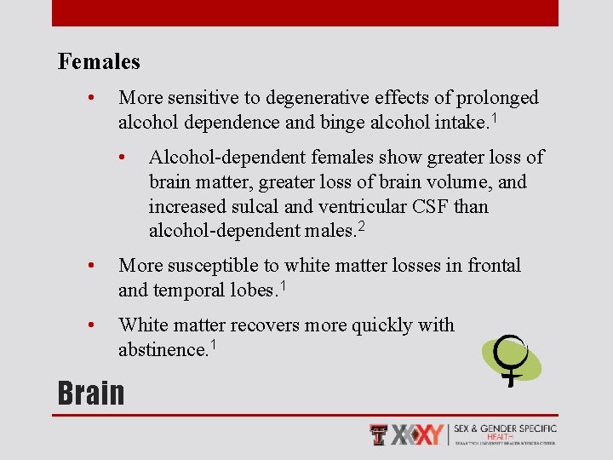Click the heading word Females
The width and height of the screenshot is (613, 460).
pos(99,62)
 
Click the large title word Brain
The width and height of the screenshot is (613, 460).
pos(91,393)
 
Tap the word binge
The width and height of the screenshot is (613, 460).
pos(342,123)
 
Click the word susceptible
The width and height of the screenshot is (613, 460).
pos(213,266)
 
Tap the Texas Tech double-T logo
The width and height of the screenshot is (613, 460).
pos(379,434)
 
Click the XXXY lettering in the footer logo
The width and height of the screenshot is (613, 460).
pos(419,434)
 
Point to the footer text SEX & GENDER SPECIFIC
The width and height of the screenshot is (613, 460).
pos(505,428)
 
